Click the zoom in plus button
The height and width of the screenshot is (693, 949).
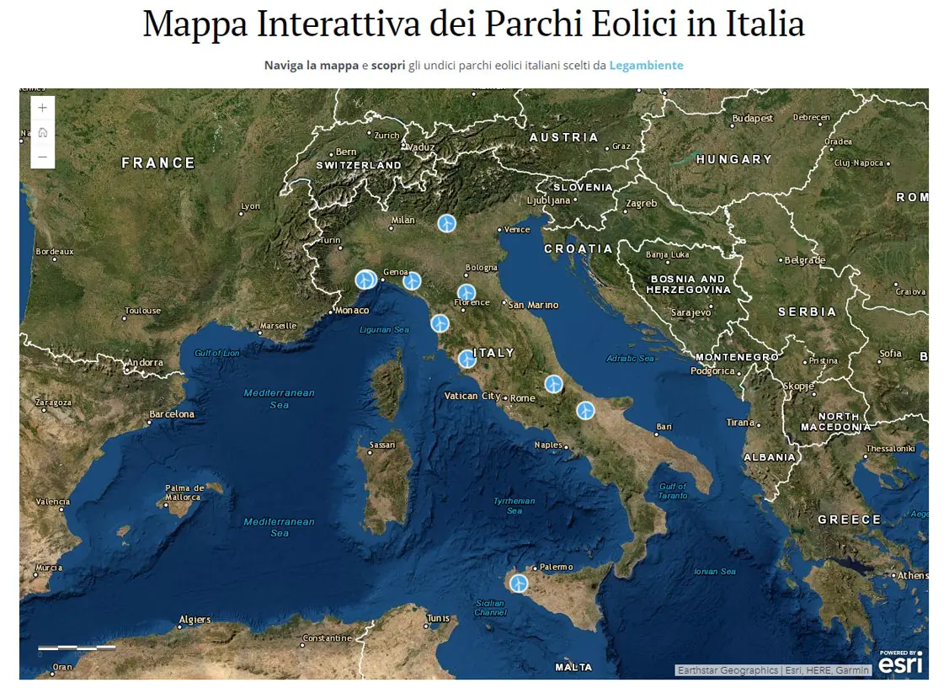pos(43,109)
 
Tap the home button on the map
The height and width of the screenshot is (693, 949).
pos(43,133)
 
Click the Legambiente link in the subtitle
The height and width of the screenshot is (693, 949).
pos(646,65)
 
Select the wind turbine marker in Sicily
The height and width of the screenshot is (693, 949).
pos(520,583)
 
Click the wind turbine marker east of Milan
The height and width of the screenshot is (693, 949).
pos(446,223)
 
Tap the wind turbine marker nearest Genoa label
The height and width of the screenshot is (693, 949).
pos(412,281)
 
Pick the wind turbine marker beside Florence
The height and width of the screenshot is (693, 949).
pos(467,293)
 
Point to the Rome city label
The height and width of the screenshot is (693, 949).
pos(523,398)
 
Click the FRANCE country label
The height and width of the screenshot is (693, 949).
pos(158,163)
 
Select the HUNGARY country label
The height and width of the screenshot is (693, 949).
pos(733,159)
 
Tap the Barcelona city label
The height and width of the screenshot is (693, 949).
pos(172,414)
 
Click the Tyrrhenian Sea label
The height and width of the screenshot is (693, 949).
pos(514,505)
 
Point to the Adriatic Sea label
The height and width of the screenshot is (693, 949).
pos(631,359)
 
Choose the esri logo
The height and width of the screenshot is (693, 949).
pos(900,664)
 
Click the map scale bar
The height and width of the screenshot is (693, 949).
pos(77,648)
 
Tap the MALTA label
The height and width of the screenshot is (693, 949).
pos(573,667)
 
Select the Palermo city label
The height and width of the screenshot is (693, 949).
pos(557,568)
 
